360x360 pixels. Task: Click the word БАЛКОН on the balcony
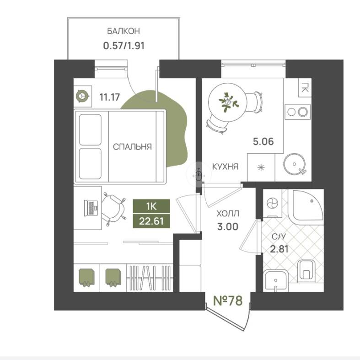124,31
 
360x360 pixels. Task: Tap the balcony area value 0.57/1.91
124,46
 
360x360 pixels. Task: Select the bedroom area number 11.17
109,97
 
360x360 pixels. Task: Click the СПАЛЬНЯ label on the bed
132,147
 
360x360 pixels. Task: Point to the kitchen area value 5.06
263,141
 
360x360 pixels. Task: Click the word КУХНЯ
225,167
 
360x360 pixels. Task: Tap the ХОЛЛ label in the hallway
228,214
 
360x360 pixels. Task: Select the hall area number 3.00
228,226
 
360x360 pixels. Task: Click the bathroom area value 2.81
279,249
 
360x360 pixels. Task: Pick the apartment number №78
228,301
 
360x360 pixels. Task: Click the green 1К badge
151,206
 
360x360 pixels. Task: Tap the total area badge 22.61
151,221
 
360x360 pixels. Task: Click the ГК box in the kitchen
305,87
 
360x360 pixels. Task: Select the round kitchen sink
294,164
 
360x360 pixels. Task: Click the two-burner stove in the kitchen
297,112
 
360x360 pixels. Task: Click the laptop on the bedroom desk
91,208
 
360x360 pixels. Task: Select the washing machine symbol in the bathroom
272,204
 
